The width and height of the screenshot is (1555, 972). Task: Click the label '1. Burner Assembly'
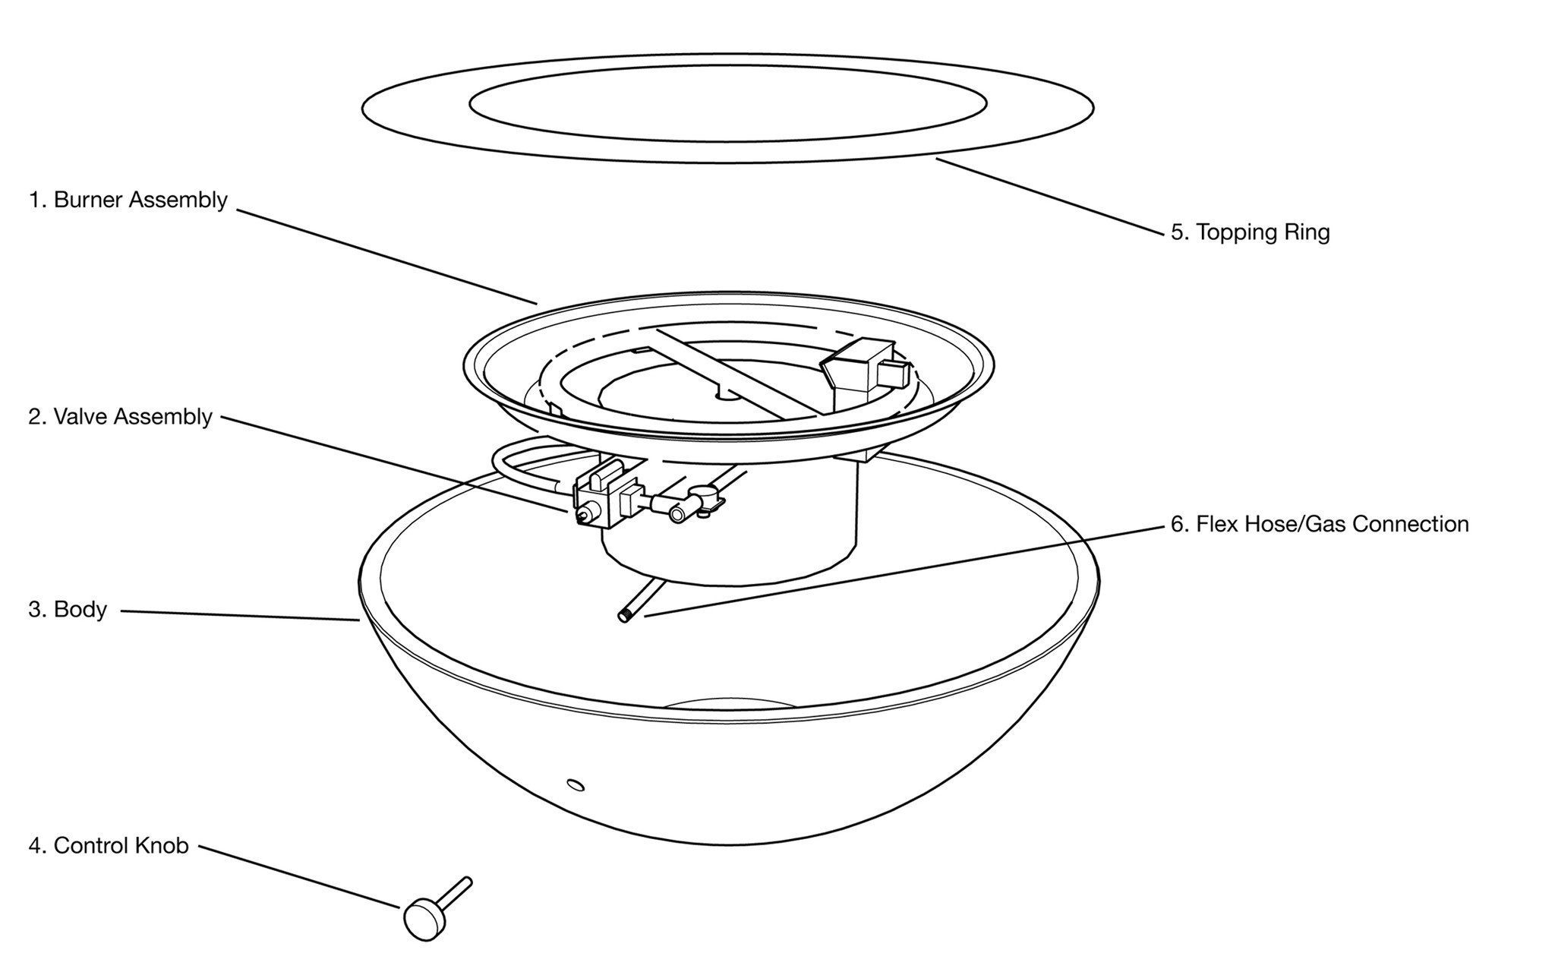coord(128,200)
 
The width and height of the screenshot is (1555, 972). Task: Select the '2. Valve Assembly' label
coord(120,417)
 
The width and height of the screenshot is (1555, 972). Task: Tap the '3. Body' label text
coord(68,610)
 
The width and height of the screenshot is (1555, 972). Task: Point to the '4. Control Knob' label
coord(109,845)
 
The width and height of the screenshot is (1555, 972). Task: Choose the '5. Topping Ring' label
coord(1250,232)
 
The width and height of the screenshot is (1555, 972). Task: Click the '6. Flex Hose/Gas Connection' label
coord(1320,524)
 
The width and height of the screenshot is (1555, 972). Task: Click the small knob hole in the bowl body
coord(576,784)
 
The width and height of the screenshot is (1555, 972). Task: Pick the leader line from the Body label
coord(239,615)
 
